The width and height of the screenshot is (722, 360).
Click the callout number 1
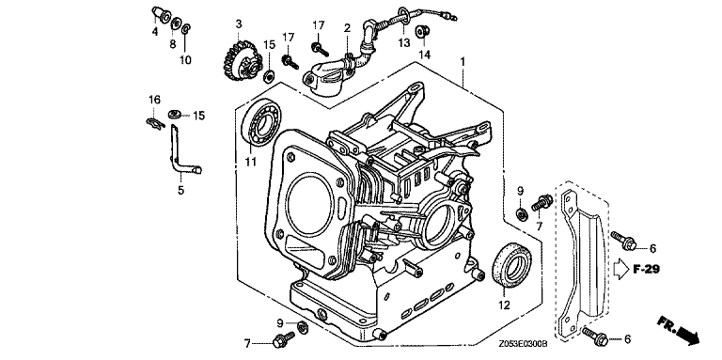click(x=463, y=61)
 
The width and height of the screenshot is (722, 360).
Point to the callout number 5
click(x=180, y=190)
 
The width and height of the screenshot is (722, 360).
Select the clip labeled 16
click(x=154, y=122)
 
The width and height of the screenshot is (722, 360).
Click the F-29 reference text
click(x=646, y=270)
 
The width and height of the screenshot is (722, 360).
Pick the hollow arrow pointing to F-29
click(x=621, y=270)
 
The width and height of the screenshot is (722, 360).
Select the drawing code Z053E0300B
click(x=523, y=343)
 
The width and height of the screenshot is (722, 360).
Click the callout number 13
click(x=404, y=43)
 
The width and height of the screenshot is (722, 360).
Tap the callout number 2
click(x=347, y=27)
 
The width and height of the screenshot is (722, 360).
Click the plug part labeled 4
click(x=160, y=14)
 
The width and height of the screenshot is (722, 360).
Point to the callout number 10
click(x=185, y=60)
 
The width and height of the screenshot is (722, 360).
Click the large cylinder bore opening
click(x=310, y=202)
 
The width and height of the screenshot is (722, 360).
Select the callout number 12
click(x=505, y=305)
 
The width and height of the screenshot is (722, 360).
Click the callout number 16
click(x=154, y=100)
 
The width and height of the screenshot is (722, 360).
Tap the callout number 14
click(x=425, y=55)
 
